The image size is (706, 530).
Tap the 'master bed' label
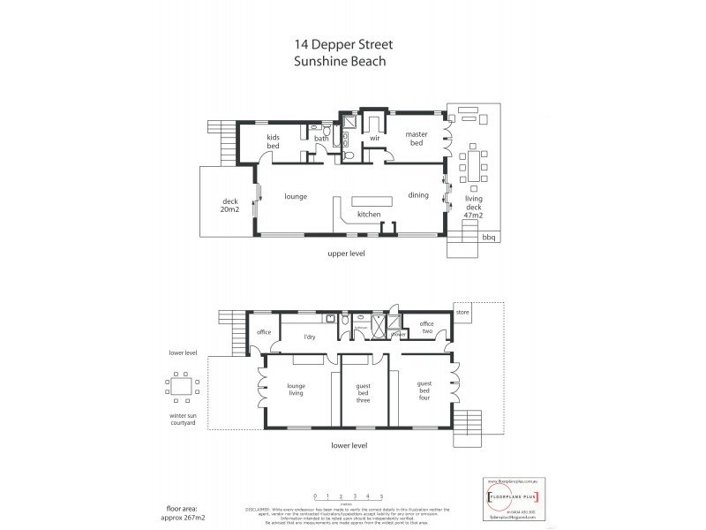click(x=416, y=140)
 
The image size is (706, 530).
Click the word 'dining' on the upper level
click(x=417, y=195)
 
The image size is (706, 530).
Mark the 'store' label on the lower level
click(x=463, y=311)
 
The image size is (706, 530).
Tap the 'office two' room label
click(x=426, y=329)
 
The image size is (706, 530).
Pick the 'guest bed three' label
click(x=362, y=390)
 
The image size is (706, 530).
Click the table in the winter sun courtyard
click(x=182, y=387)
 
